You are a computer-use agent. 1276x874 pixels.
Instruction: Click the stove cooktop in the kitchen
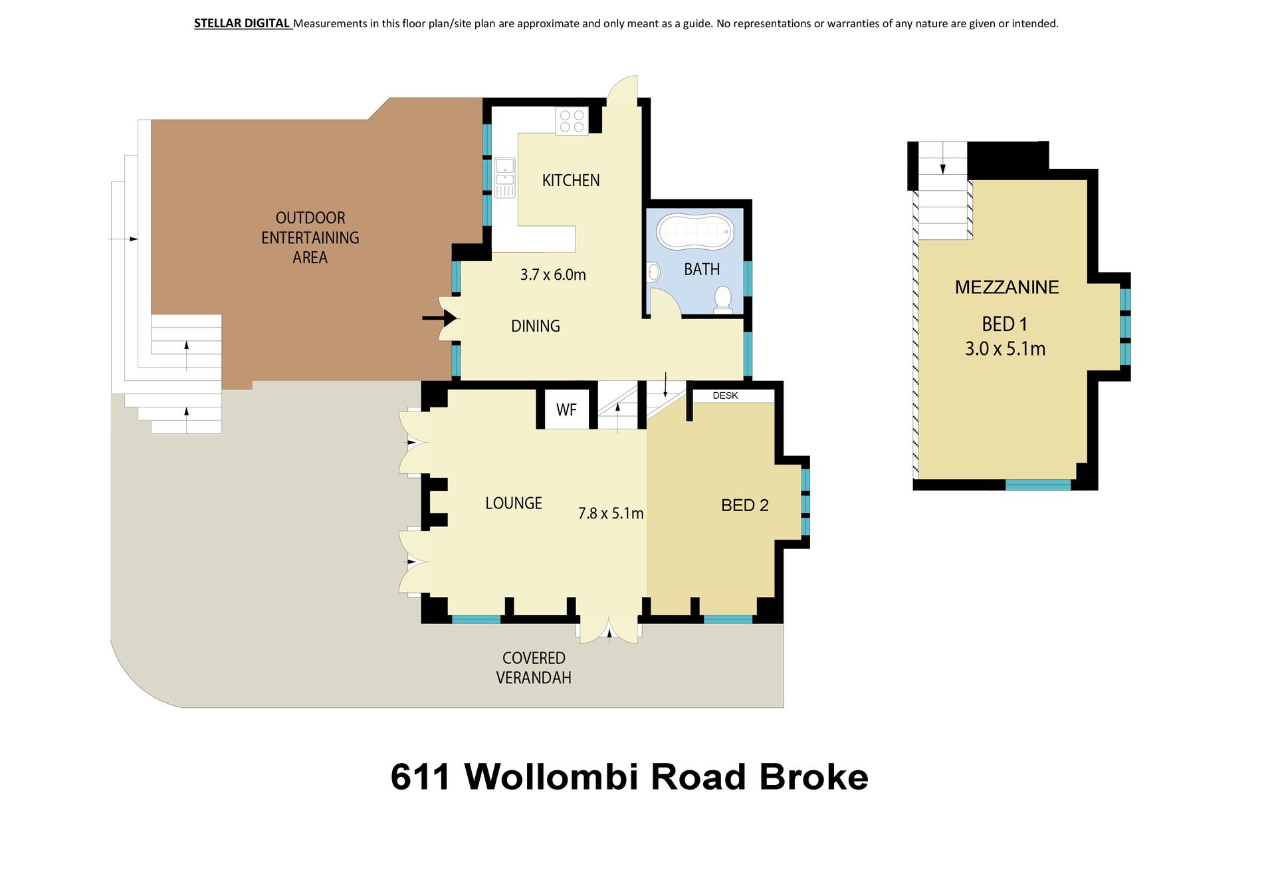[x=572, y=121]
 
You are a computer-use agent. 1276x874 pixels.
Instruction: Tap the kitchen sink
[x=504, y=177]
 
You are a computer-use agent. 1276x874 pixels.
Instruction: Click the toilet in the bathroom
[x=722, y=300]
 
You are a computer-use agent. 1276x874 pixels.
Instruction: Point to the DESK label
[x=725, y=395]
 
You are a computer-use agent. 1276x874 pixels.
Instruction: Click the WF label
[x=566, y=410]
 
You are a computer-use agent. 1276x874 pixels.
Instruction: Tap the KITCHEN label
[x=571, y=180]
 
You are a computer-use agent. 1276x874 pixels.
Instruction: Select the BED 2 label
[x=745, y=506]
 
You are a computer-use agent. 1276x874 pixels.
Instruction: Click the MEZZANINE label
[x=1007, y=287]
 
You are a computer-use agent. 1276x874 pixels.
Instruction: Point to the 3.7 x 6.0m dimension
[x=553, y=274]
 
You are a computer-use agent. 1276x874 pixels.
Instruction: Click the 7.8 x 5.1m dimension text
[x=611, y=513]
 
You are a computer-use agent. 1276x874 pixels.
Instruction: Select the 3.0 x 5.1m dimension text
[x=1005, y=349]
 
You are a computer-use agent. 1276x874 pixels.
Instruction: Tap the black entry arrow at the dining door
[x=440, y=318]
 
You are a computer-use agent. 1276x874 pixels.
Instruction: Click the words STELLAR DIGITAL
[x=242, y=23]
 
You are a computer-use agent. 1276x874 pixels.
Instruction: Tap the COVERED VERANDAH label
[x=534, y=668]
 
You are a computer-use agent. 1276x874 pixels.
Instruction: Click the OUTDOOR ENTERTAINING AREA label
[x=310, y=238]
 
